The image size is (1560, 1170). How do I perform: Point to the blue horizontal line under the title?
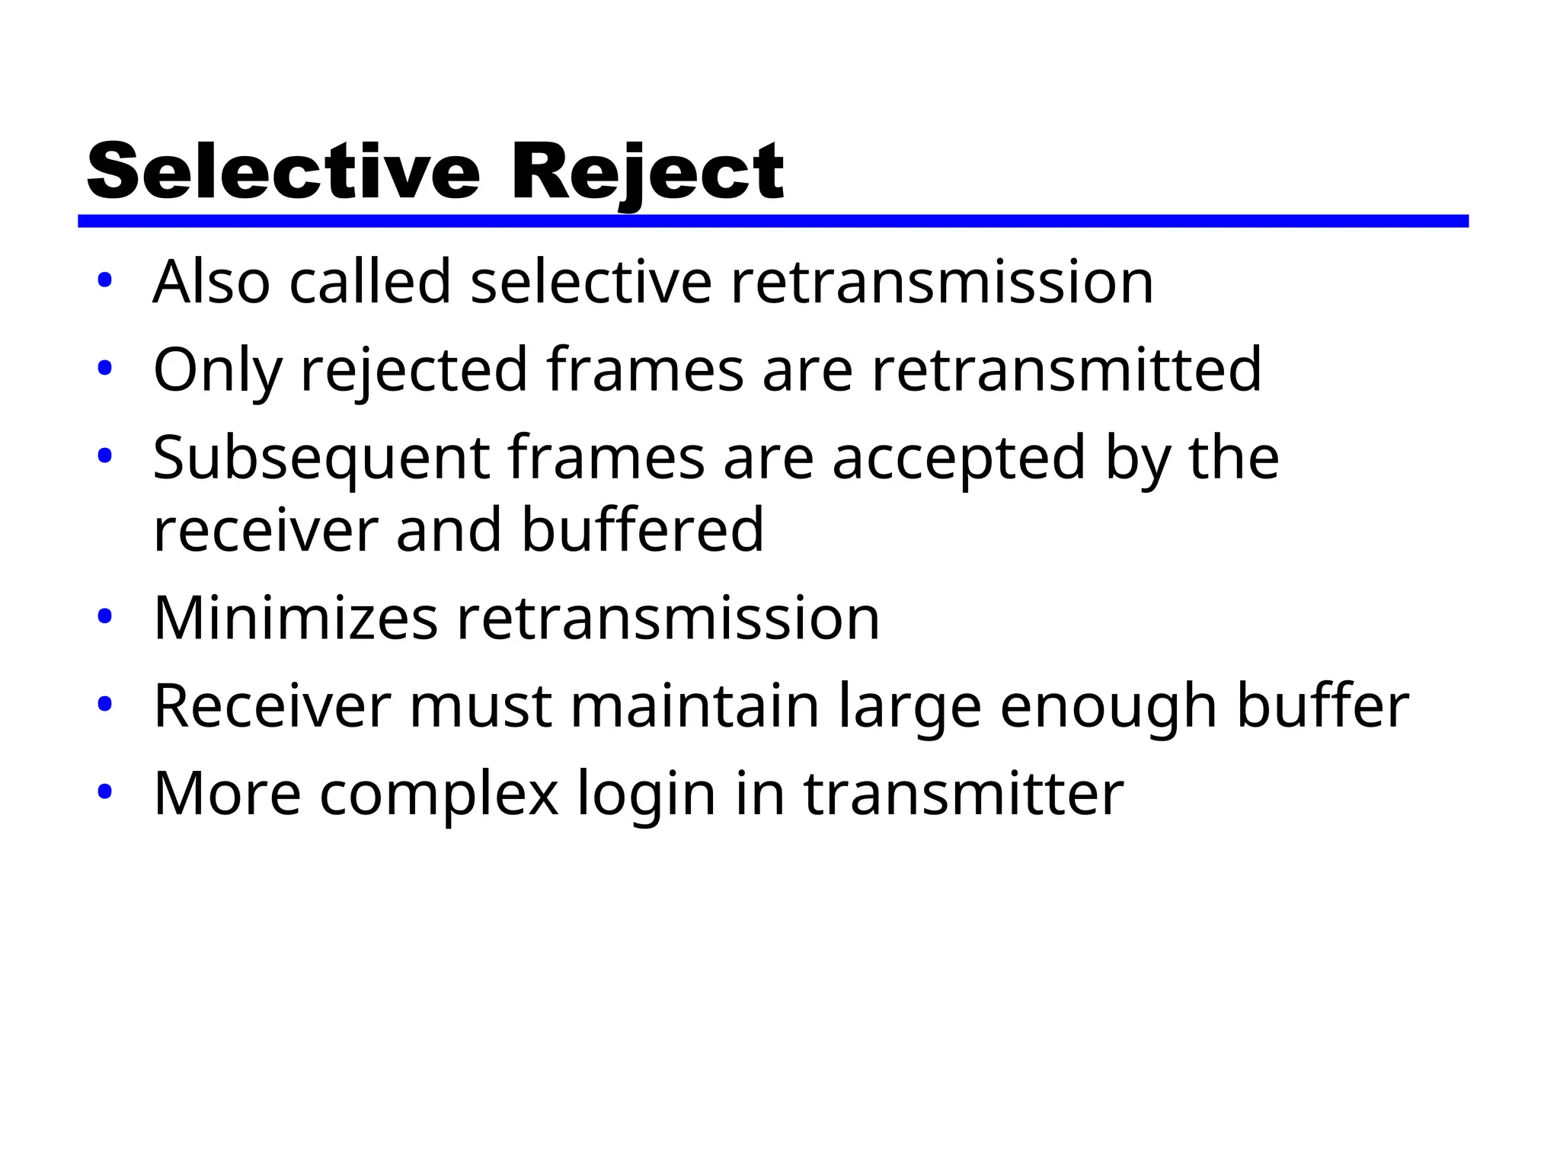point(772,221)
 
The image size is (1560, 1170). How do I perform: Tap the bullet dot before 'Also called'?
point(105,281)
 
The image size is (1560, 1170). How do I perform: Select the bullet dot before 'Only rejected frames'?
point(105,369)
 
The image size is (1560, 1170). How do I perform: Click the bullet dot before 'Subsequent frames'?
point(105,457)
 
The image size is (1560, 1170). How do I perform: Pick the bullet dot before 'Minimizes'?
point(105,616)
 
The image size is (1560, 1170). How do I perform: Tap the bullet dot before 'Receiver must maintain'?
point(105,705)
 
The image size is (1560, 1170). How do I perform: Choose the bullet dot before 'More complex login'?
point(105,792)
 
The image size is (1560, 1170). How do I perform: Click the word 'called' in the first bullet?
point(370,282)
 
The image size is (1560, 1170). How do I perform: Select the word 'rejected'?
point(414,371)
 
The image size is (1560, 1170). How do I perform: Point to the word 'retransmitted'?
point(1066,369)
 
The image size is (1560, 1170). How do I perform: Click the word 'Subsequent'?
point(321,459)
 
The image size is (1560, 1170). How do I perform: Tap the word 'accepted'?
point(958,459)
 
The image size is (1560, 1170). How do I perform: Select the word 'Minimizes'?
point(296,618)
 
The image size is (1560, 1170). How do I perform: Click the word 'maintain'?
point(695,706)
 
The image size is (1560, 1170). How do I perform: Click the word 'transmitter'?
point(964,794)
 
